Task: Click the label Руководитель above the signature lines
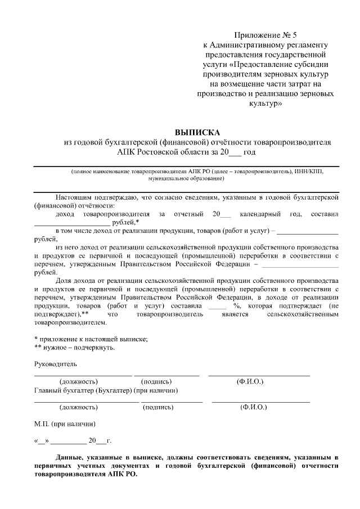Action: pos(55,364)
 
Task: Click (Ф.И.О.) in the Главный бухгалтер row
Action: pos(253,407)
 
